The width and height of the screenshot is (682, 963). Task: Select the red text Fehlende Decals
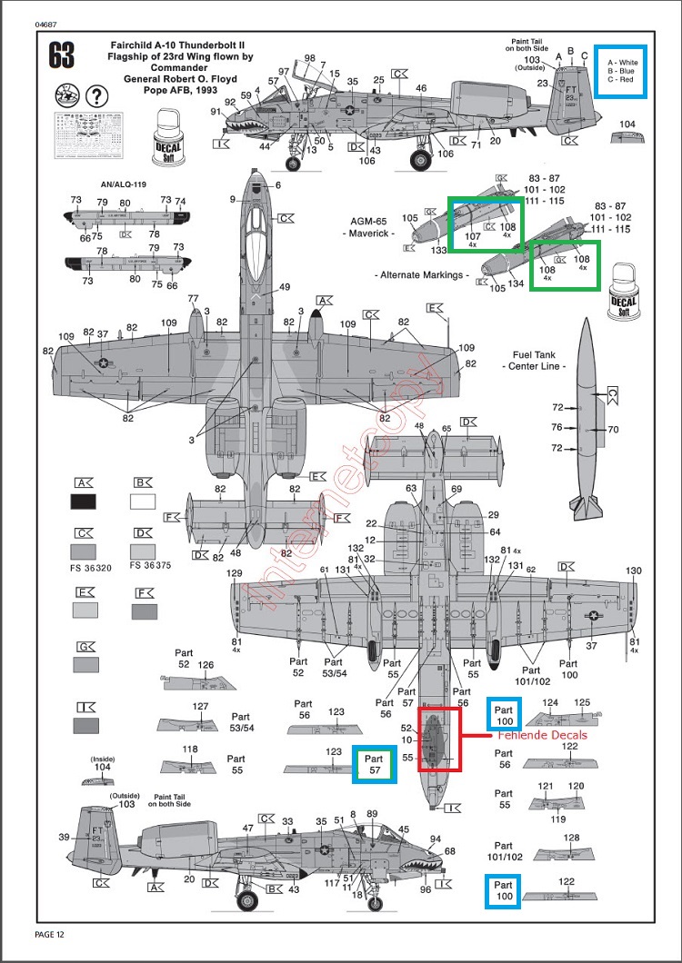coord(541,734)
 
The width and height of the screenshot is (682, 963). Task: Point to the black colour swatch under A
coord(88,501)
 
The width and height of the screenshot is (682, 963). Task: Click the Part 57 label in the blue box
coord(375,763)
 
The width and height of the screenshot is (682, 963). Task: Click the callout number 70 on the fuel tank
coord(612,429)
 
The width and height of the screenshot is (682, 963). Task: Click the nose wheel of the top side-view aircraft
coord(294,164)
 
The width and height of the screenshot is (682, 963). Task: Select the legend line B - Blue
coord(620,70)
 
